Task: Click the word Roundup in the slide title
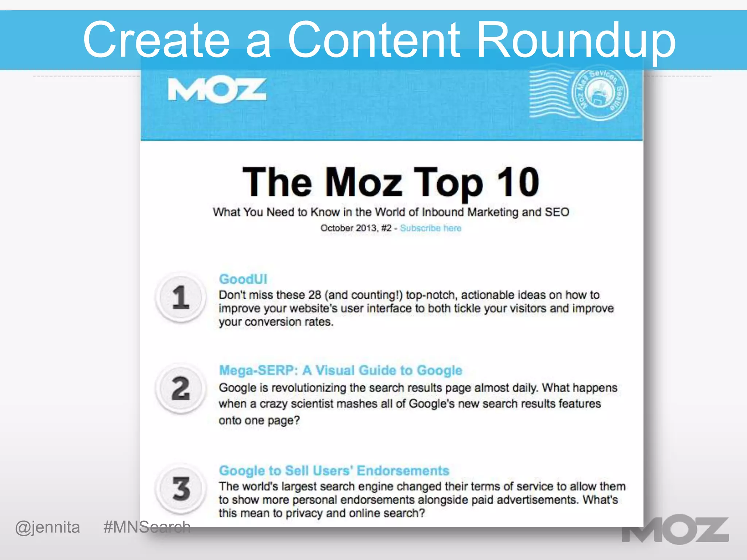click(576, 40)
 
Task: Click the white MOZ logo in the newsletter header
click(217, 90)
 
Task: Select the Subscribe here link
click(430, 228)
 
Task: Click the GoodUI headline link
click(243, 279)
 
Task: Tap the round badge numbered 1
click(181, 297)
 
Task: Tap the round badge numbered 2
click(181, 389)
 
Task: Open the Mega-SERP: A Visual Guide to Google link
click(340, 370)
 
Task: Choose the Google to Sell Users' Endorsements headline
click(334, 471)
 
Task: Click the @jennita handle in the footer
click(47, 527)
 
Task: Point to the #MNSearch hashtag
click(147, 527)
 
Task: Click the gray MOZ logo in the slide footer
click(675, 530)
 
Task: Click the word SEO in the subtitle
click(557, 212)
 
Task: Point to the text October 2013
click(348, 228)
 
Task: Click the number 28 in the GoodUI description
click(314, 295)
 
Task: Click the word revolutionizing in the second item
click(309, 388)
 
